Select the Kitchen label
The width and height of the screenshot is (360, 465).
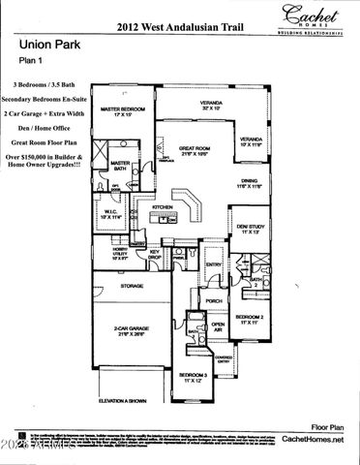pyautogui.click(x=162, y=207)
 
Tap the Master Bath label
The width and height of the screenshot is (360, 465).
pyautogui.click(x=120, y=167)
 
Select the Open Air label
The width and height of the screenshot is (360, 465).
pyautogui.click(x=219, y=326)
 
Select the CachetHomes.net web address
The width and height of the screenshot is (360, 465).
pyautogui.click(x=312, y=441)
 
